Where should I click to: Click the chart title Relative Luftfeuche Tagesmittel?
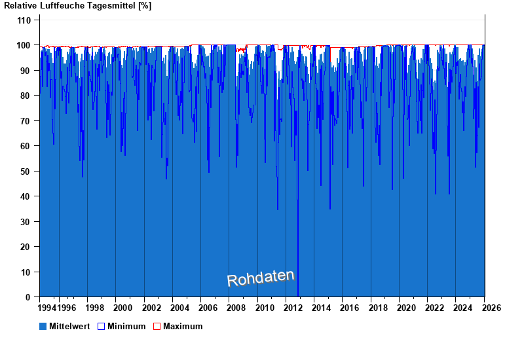pos(77,6)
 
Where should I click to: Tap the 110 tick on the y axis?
pos(24,20)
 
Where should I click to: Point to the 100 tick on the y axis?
pos(24,45)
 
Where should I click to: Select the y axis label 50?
pos(26,171)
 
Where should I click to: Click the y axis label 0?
pos(29,297)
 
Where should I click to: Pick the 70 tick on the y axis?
pos(26,121)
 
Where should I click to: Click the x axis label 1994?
pos(47,308)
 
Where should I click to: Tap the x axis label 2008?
pos(236,308)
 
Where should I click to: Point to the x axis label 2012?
pos(293,308)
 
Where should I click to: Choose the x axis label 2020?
pos(406,308)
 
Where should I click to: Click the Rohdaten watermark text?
pos(261,278)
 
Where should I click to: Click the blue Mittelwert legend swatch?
pos(43,326)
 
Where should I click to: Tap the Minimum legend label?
pos(126,326)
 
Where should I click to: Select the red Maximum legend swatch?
pos(157,326)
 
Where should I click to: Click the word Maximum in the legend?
pos(183,326)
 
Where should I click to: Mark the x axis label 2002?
pos(151,308)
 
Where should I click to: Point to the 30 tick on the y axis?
pos(26,222)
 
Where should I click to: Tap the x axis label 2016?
pos(350,308)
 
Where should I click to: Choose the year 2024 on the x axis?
pos(463,308)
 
